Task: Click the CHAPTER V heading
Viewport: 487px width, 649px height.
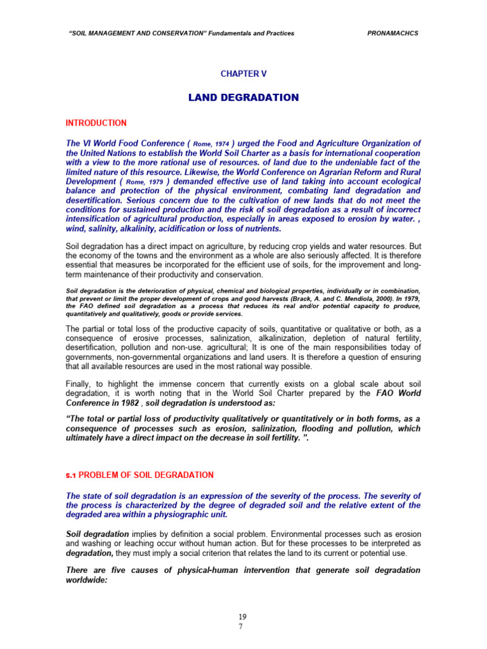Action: coord(243,74)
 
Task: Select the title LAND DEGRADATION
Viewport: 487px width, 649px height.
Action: coord(243,98)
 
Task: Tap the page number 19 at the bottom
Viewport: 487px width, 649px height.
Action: coord(243,617)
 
